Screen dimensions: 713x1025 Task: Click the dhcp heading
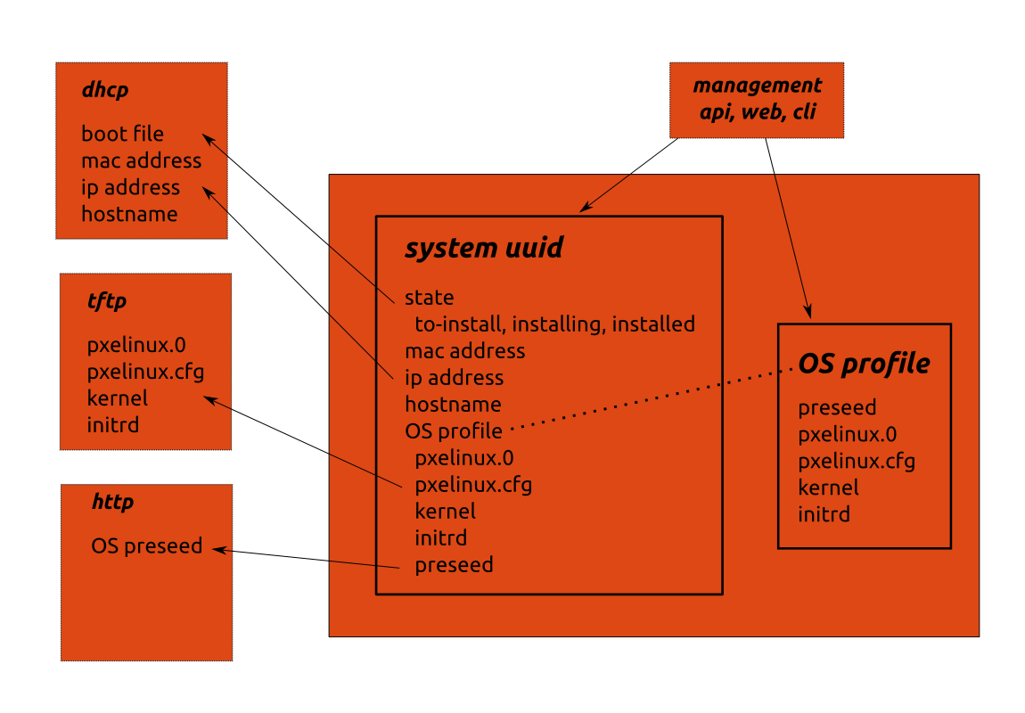pyautogui.click(x=105, y=89)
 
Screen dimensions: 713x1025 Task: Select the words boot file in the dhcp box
pyautogui.click(x=123, y=134)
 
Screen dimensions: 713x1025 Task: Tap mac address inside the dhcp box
pyautogui.click(x=141, y=160)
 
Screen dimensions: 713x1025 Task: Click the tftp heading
pyautogui.click(x=106, y=301)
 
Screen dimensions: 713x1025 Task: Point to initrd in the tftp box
pyautogui.click(x=113, y=424)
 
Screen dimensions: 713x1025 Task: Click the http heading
pyautogui.click(x=112, y=503)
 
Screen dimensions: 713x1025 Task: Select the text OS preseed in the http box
pyautogui.click(x=147, y=545)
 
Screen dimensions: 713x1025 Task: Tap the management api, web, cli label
pyautogui.click(x=757, y=99)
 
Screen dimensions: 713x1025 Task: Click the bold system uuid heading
pyautogui.click(x=484, y=248)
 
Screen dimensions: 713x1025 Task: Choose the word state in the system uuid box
pyautogui.click(x=429, y=298)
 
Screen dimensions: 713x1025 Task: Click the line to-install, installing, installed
pyautogui.click(x=554, y=324)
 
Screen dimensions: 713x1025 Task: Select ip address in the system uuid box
pyautogui.click(x=454, y=378)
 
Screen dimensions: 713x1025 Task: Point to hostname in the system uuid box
pyautogui.click(x=453, y=405)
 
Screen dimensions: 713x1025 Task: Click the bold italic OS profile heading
pyautogui.click(x=864, y=364)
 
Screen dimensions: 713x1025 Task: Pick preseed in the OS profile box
pyautogui.click(x=837, y=408)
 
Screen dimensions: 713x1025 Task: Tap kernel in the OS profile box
pyautogui.click(x=828, y=488)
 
